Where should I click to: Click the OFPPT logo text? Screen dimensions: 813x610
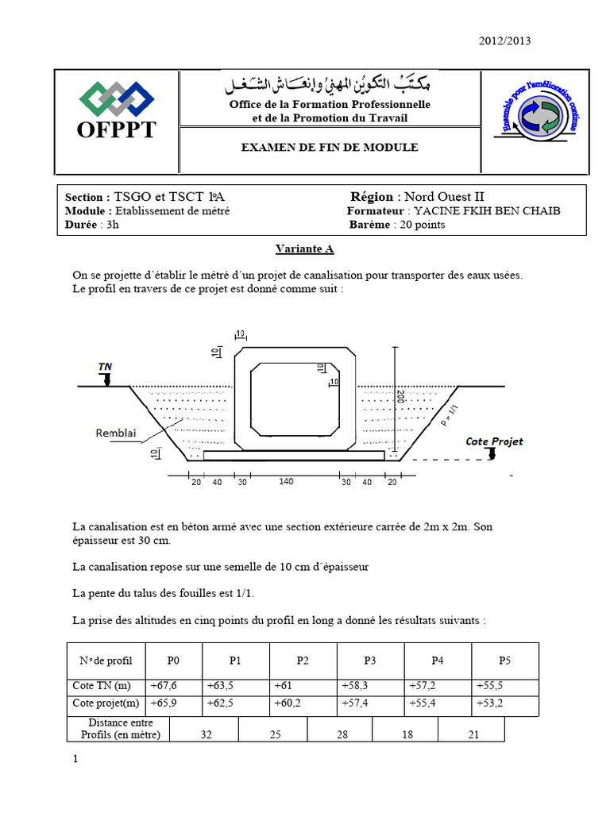pos(117,130)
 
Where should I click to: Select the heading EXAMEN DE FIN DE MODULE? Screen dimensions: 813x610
pos(330,148)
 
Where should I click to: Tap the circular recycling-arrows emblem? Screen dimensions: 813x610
pos(539,117)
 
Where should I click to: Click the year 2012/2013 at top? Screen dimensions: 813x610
pos(504,41)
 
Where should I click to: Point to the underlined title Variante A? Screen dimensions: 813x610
pos(304,249)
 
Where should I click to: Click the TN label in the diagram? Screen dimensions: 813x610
pos(105,366)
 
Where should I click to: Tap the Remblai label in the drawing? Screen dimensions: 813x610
pos(116,433)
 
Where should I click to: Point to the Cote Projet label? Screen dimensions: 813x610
pos(494,441)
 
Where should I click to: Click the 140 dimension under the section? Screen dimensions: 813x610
pos(286,482)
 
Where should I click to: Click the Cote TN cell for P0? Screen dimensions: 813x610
pos(163,686)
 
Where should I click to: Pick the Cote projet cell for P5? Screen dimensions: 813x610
pos(489,703)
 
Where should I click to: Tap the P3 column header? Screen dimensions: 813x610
pos(370,661)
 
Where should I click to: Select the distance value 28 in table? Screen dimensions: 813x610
pos(342,735)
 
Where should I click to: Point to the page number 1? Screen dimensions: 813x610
pos(75,760)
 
